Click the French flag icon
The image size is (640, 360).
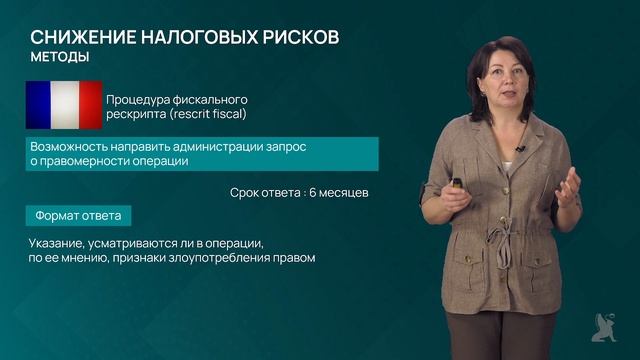coord(64,105)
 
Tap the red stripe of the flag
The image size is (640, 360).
coord(90,105)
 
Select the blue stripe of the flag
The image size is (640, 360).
coord(38,105)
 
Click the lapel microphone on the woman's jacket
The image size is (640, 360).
coord(519,151)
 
